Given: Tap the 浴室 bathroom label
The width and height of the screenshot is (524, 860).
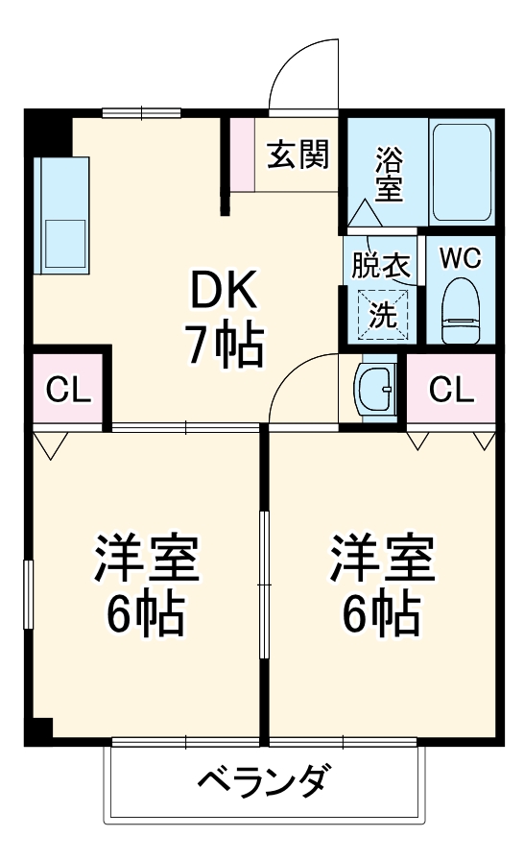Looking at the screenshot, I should pos(389,173).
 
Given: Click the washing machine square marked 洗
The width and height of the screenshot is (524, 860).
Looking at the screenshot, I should pos(383,313).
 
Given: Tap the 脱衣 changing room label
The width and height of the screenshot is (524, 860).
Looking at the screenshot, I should pos(381,264).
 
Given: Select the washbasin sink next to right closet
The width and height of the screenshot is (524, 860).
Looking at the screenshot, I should pos(375,389).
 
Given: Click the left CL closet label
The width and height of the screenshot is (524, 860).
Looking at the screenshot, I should pos(69,390).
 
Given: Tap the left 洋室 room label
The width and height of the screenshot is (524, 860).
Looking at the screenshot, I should pos(145,561).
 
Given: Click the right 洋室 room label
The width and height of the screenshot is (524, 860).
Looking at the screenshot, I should pos(382,561).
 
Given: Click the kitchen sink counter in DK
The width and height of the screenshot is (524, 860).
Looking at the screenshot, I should pos(61,213).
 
